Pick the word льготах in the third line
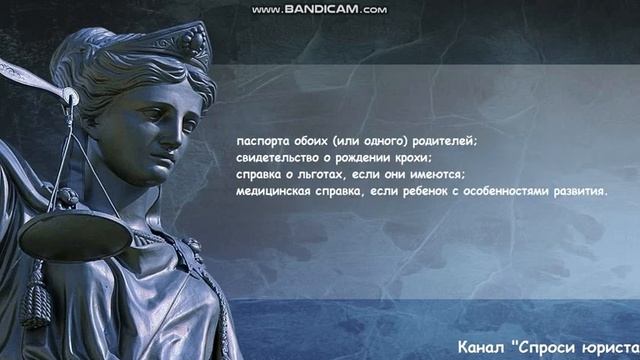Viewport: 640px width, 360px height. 326,175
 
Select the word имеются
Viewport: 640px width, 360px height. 426,175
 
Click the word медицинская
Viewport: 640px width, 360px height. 274,192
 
